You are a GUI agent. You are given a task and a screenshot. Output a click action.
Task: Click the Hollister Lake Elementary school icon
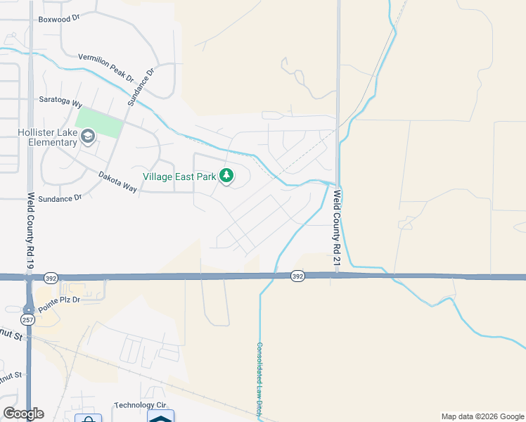pos(88,136)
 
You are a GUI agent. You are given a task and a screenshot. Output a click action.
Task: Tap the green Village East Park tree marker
pos(226,176)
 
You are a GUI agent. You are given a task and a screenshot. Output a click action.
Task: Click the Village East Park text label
pos(179,177)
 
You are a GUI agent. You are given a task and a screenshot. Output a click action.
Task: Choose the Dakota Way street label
pos(117,181)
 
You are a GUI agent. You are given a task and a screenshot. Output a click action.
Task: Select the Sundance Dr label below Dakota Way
pos(60,199)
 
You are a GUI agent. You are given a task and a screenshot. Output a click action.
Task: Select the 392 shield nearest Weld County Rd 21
pos(297,277)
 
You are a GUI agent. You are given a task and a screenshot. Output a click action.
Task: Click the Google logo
pos(23,414)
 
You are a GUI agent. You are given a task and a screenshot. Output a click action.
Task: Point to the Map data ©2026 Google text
pos(482,416)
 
